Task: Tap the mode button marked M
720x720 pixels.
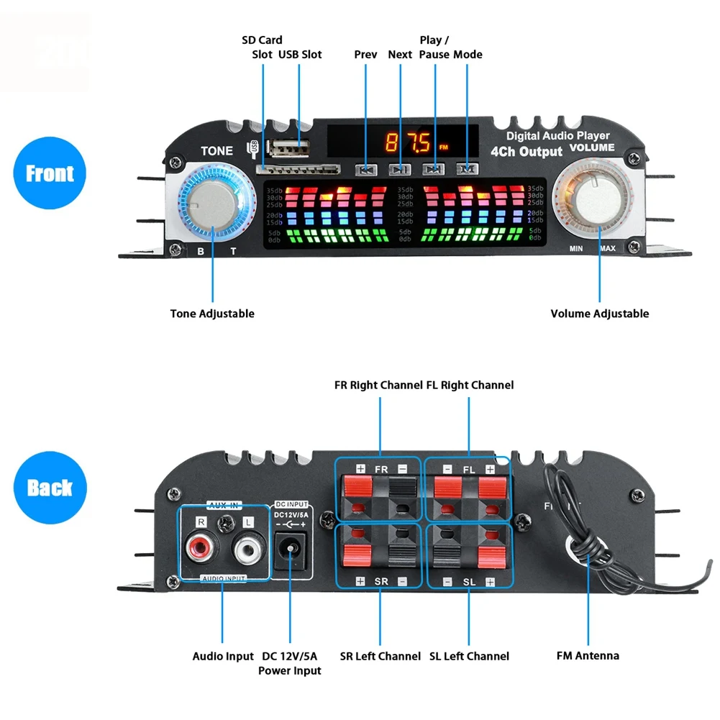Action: [x=467, y=169]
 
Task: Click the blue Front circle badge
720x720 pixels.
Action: [x=50, y=173]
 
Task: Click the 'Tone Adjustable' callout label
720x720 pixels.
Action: [x=212, y=314]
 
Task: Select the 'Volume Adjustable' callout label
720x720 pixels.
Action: [x=599, y=314]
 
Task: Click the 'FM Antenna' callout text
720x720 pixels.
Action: [x=588, y=655]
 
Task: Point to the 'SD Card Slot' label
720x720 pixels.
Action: [x=262, y=47]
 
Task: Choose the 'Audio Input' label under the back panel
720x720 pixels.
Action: [x=223, y=656]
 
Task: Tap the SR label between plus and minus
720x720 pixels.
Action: [x=381, y=580]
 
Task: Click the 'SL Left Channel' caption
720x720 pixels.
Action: [x=469, y=656]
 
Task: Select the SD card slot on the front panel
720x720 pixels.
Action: [x=299, y=170]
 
